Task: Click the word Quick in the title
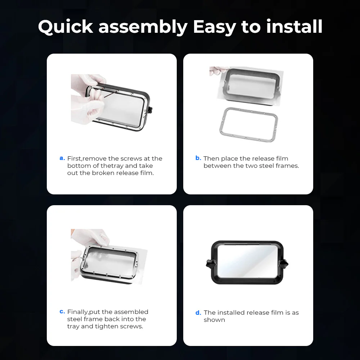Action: [x=66, y=27]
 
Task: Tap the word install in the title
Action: [x=294, y=26]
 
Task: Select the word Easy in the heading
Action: [x=215, y=27]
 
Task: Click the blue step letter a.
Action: [x=62, y=158]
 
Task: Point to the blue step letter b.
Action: [x=198, y=158]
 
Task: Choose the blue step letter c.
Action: [x=62, y=311]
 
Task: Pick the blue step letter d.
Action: [x=198, y=312]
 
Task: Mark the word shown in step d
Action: [x=214, y=320]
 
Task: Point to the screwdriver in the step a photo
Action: [x=111, y=94]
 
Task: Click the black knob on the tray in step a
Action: [x=150, y=110]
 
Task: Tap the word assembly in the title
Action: [x=143, y=27]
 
